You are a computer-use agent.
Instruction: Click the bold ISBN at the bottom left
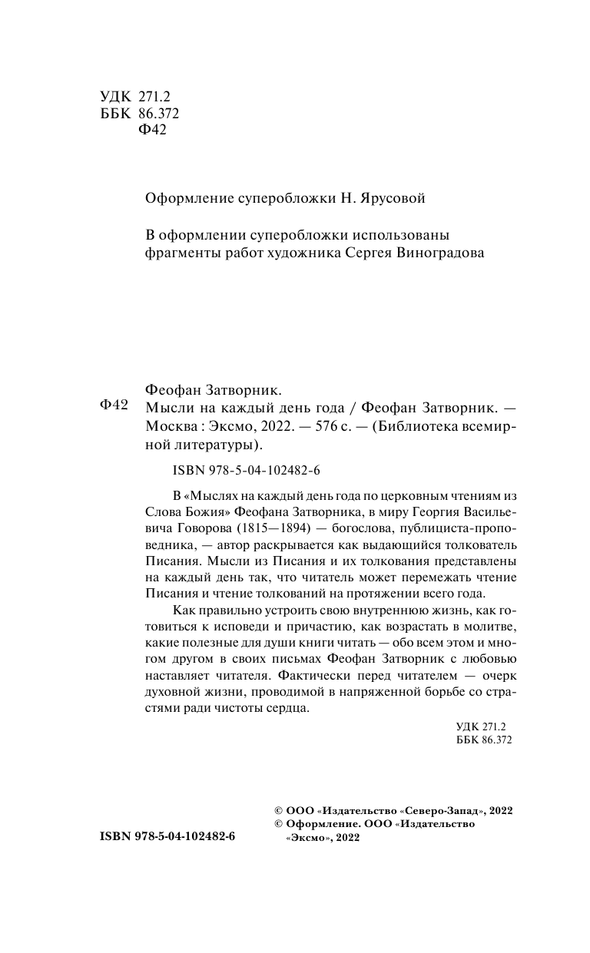point(167,836)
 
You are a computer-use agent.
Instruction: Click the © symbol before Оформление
point(279,823)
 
